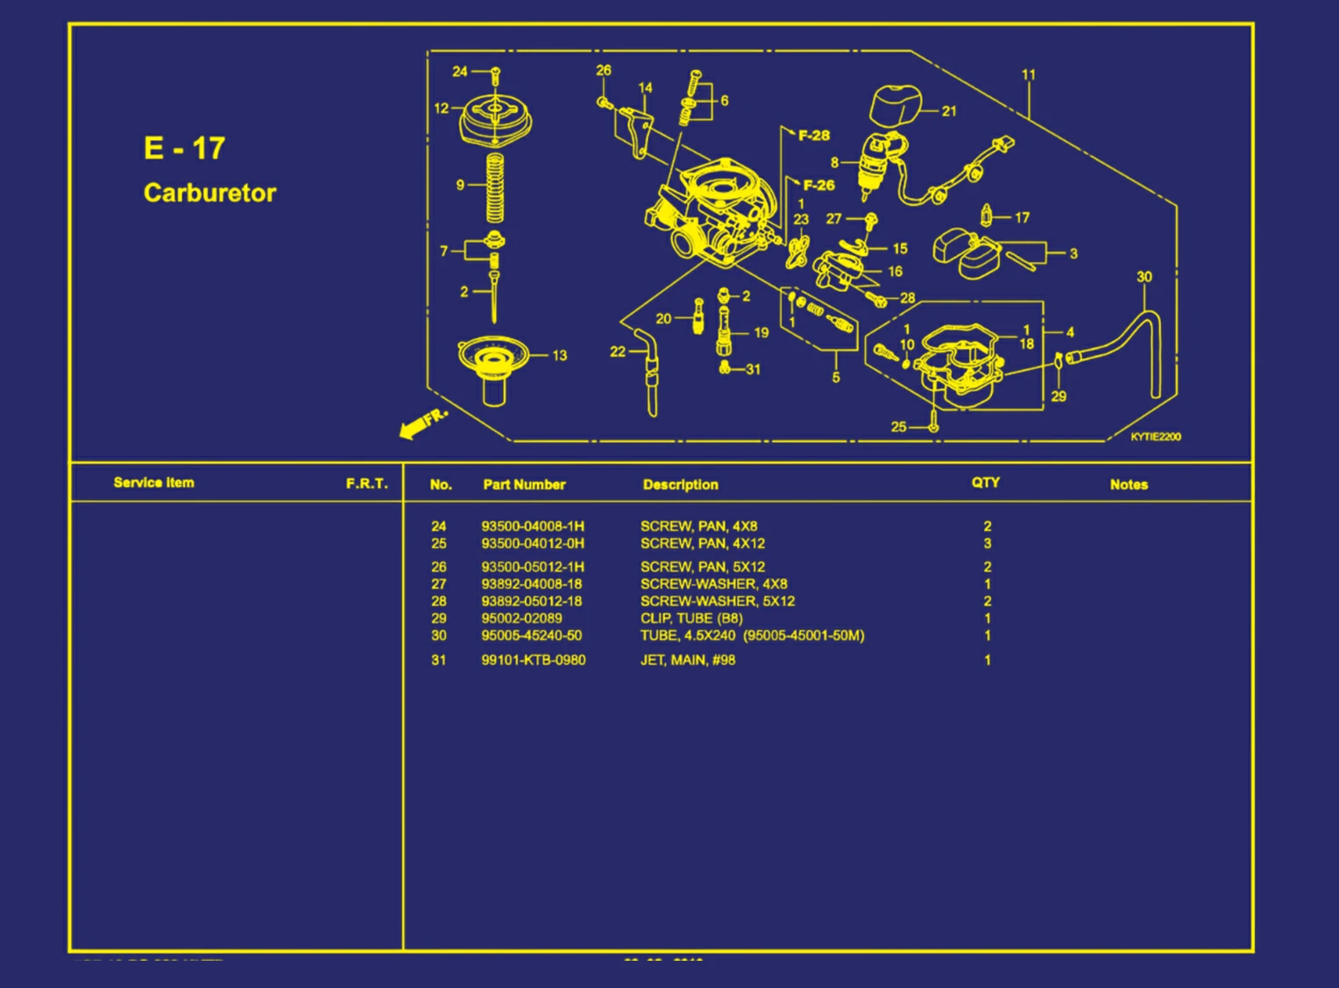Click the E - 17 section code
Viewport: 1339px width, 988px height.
185,148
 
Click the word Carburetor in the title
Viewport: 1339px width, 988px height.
209,193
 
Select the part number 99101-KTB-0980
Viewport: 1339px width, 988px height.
533,660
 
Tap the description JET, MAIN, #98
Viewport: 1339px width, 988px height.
688,660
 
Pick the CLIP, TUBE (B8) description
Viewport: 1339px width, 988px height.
691,618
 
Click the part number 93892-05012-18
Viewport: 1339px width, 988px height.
531,601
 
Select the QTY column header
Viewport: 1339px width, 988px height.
985,482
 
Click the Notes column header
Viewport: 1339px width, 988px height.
1129,484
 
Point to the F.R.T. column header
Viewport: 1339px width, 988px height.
366,483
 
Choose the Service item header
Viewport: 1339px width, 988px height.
154,482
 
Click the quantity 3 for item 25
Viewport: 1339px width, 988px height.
988,544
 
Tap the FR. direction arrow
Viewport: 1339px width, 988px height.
422,424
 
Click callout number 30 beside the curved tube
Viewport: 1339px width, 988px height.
1144,277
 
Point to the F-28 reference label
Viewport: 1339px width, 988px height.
813,135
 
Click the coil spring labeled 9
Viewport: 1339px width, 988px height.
495,188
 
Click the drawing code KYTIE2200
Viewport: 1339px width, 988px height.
1155,437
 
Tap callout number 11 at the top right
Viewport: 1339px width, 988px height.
1029,75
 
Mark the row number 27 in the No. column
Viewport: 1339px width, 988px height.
439,584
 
